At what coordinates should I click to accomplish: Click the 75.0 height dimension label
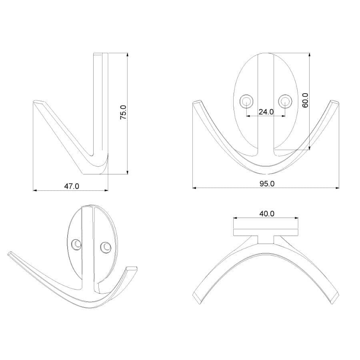click(x=124, y=112)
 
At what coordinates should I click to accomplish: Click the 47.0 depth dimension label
click(x=72, y=186)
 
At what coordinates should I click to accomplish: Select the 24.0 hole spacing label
click(x=266, y=112)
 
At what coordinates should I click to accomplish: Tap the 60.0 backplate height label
click(x=305, y=100)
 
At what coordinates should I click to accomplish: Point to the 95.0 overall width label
click(x=267, y=184)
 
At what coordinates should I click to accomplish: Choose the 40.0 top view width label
click(x=267, y=214)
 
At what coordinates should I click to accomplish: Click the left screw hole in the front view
click(x=246, y=101)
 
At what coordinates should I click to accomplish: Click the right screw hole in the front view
click(x=285, y=101)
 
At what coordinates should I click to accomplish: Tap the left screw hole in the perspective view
click(x=75, y=244)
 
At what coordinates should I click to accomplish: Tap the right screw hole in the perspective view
click(x=105, y=248)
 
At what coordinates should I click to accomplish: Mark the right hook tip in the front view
click(x=335, y=103)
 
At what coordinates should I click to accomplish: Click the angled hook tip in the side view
click(x=38, y=103)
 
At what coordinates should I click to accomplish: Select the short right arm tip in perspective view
click(x=132, y=269)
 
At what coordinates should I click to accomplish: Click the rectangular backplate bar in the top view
click(x=266, y=232)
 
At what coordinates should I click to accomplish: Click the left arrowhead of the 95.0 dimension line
click(x=194, y=188)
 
